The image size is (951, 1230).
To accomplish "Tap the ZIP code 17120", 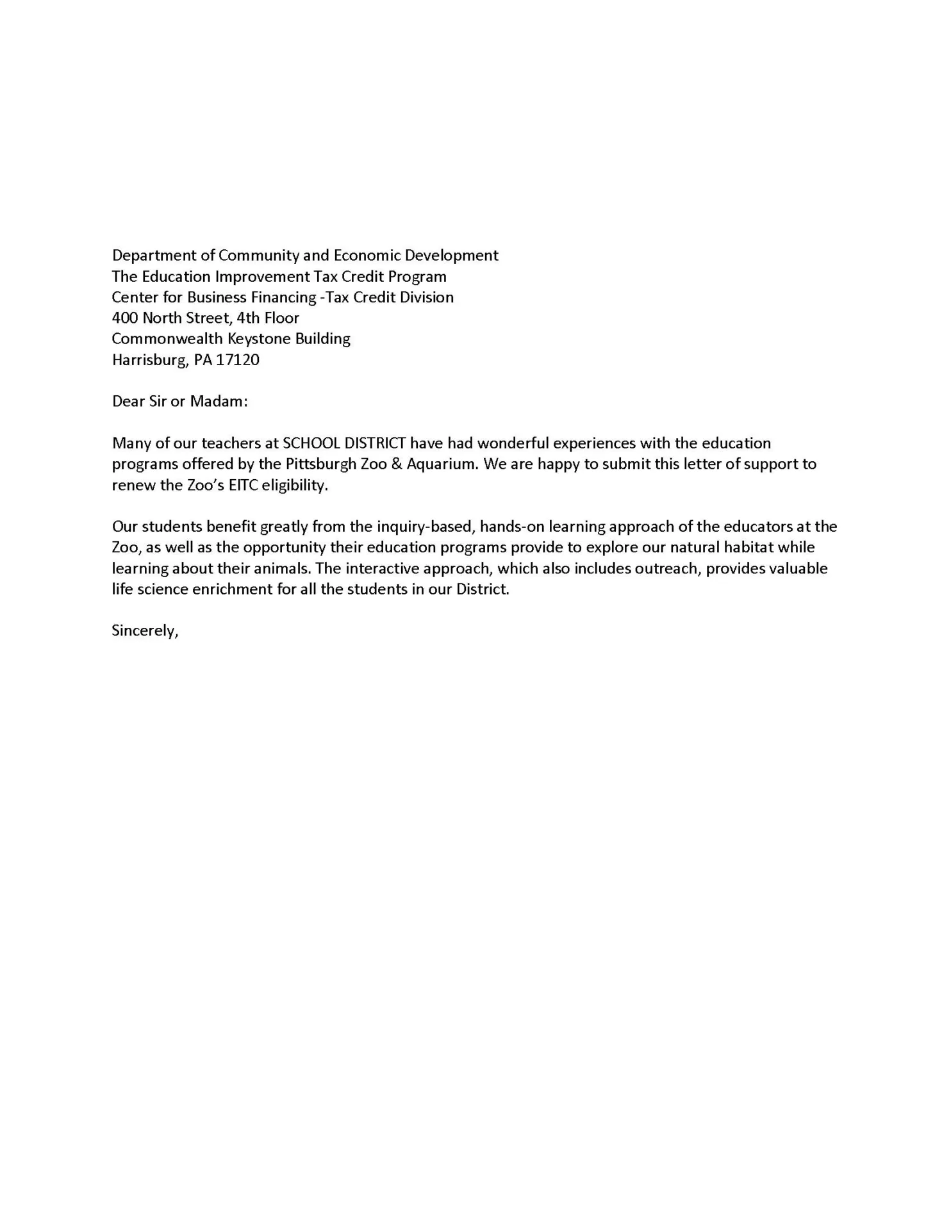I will point(238,360).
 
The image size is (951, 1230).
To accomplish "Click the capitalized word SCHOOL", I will point(311,443).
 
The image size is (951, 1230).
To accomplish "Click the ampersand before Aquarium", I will point(396,464).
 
